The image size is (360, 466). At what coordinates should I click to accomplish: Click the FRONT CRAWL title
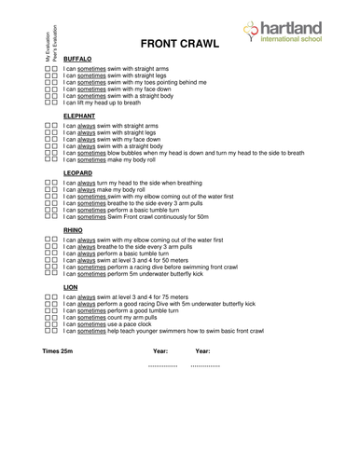(x=178, y=44)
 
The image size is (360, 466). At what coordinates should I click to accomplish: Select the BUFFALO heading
(x=77, y=58)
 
